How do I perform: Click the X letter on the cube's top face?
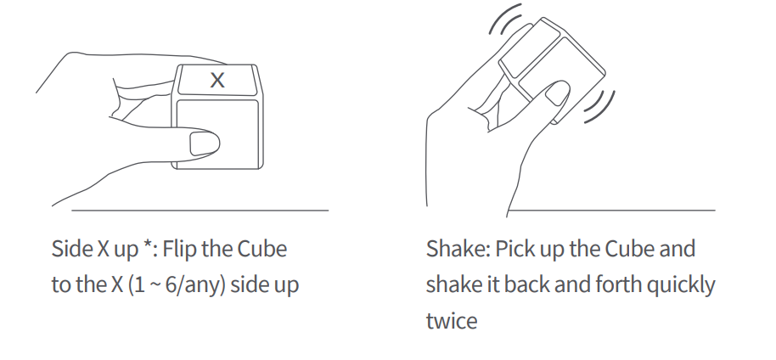tap(218, 81)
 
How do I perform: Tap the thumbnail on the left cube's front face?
tap(204, 143)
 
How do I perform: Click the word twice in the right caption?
tap(451, 320)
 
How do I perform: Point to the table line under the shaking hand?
tap(611, 209)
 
